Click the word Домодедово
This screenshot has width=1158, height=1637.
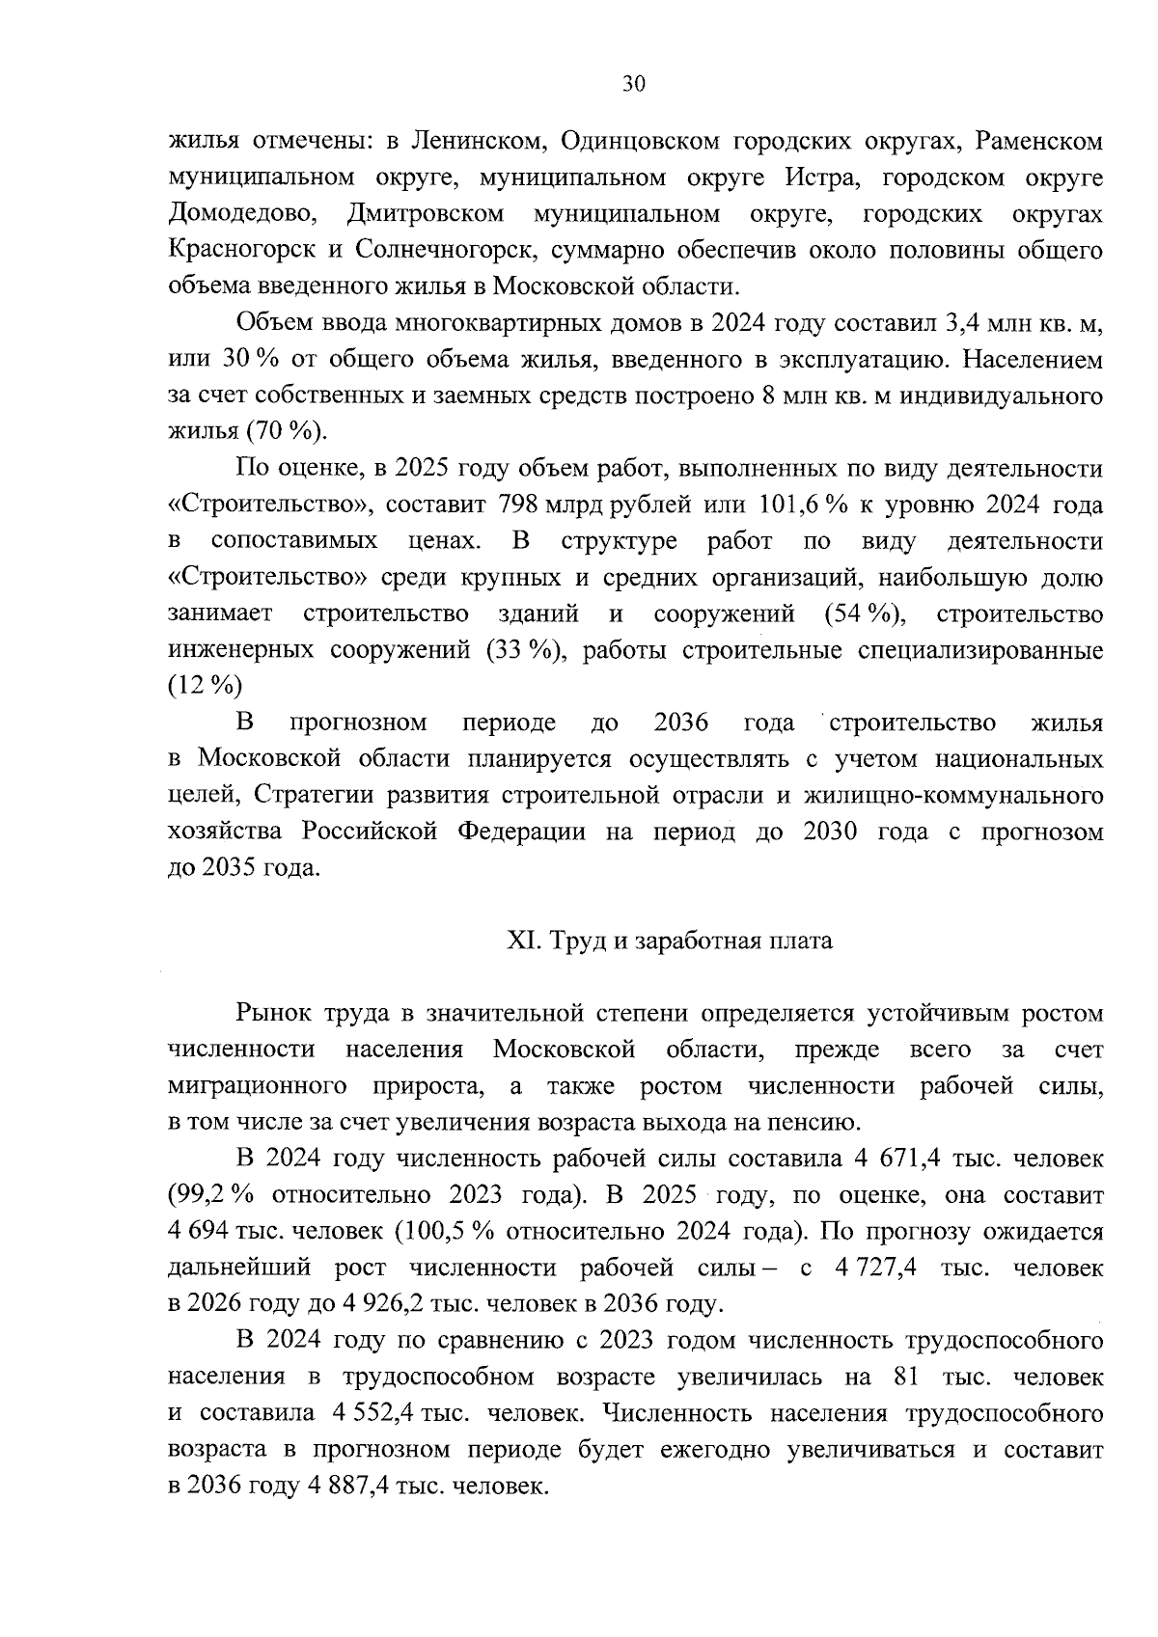pos(239,213)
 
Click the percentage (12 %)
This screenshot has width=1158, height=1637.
pos(205,687)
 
